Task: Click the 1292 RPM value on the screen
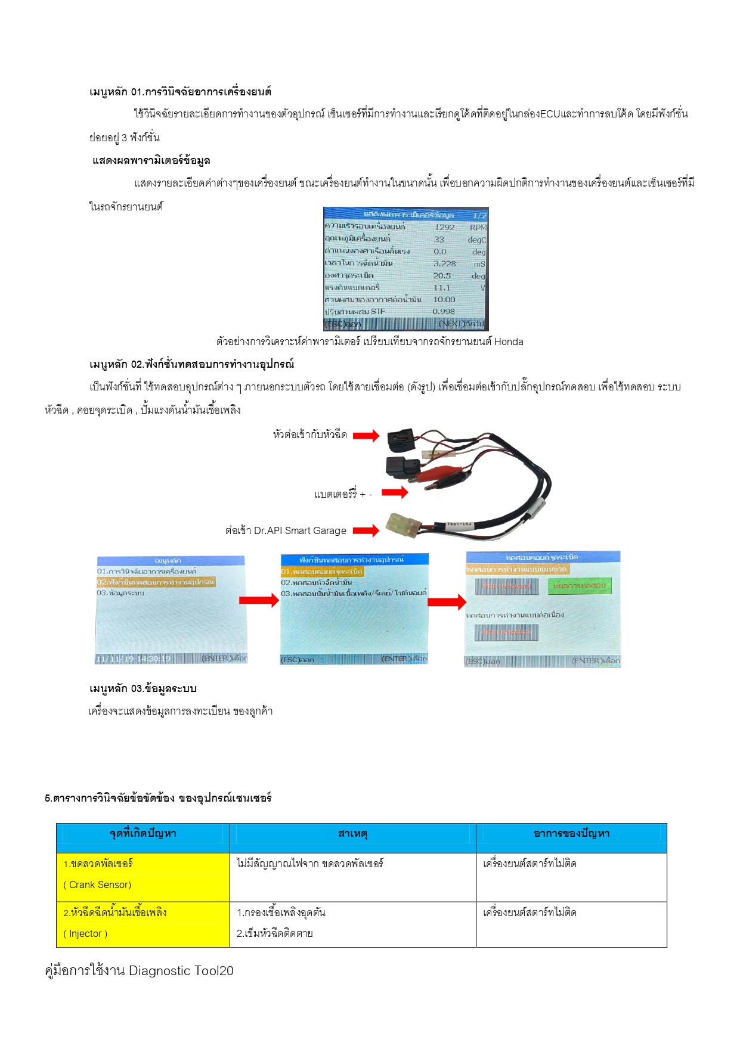click(444, 227)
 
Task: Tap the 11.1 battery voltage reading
click(442, 287)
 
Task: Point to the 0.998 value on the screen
click(444, 312)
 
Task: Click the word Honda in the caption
click(509, 342)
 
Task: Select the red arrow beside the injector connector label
click(366, 436)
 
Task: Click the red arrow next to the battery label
click(395, 492)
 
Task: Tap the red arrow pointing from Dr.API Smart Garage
click(366, 530)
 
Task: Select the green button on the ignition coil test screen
click(579, 586)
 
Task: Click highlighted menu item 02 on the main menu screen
click(156, 582)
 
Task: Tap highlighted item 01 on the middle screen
click(322, 572)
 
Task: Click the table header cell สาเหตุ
click(352, 834)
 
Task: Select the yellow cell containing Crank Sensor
click(143, 877)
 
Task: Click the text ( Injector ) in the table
click(85, 934)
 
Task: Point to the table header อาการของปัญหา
click(571, 834)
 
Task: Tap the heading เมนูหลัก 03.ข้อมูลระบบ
click(143, 688)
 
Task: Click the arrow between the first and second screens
click(259, 600)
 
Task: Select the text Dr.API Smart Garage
click(300, 530)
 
